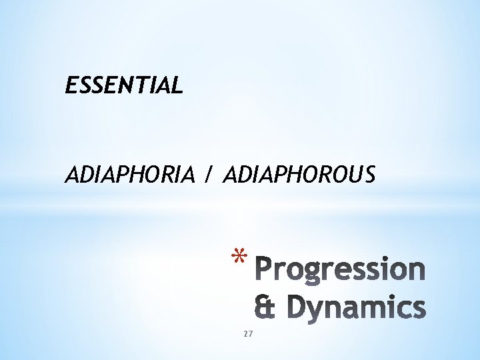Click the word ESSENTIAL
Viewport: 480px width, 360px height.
[x=124, y=85]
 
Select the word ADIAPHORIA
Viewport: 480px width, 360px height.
[x=129, y=175]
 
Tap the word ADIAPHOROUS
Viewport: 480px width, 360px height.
[x=299, y=175]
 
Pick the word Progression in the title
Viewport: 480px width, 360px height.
[x=341, y=270]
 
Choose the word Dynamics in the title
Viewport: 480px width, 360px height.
[x=358, y=307]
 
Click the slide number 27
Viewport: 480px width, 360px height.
[x=248, y=333]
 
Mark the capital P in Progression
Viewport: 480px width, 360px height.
[x=266, y=269]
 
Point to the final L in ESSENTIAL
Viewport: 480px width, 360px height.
[x=176, y=85]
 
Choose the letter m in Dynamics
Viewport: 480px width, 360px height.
[x=373, y=309]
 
